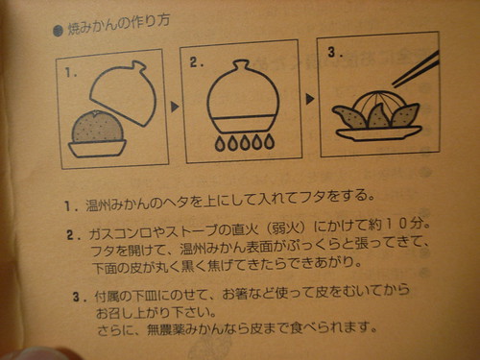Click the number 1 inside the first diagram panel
coord(70,72)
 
